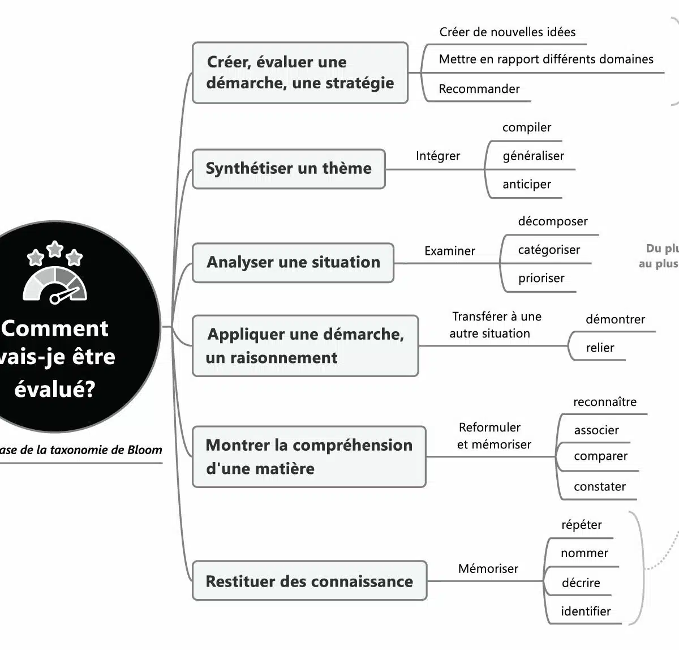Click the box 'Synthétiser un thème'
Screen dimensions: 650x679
point(289,169)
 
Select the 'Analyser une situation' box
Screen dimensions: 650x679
point(293,263)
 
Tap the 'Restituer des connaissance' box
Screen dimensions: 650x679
point(309,581)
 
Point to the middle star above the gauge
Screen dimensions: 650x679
point(55,248)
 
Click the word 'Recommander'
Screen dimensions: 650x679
point(479,89)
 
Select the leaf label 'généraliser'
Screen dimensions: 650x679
point(533,156)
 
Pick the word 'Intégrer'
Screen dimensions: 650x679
point(437,156)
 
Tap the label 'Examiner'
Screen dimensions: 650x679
point(449,251)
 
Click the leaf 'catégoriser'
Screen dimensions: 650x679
point(549,250)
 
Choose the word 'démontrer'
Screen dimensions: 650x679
point(615,319)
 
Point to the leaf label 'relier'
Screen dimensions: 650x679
point(600,348)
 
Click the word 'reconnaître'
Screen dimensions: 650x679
point(604,402)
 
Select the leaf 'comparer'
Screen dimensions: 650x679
point(600,456)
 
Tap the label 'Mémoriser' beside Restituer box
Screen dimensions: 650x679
point(488,568)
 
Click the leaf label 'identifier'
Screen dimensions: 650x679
point(586,611)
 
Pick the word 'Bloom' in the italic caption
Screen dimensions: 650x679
point(144,450)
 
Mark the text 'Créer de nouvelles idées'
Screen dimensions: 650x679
point(507,32)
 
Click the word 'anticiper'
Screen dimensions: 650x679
point(526,185)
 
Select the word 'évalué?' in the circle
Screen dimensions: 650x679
point(54,390)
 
